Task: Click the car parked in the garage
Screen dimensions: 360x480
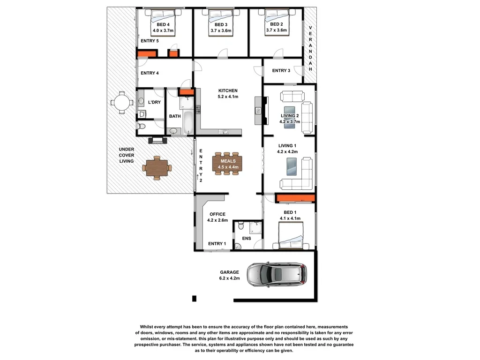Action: [277, 275]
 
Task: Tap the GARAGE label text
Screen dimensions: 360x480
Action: [230, 272]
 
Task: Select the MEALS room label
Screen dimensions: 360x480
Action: [228, 161]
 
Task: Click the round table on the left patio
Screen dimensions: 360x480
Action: [121, 102]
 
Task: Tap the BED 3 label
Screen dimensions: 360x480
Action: [221, 24]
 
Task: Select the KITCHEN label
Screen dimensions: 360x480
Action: [228, 90]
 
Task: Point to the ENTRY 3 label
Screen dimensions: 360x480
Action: [281, 71]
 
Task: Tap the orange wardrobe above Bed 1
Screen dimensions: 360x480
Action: [295, 198]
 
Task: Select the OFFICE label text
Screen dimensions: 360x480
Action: [217, 214]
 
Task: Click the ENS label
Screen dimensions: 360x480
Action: [247, 239]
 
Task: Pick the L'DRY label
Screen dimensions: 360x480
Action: [155, 103]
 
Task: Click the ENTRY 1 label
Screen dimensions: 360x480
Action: [217, 243]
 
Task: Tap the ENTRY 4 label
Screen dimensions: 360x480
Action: [150, 73]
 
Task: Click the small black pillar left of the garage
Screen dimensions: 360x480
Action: [195, 299]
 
